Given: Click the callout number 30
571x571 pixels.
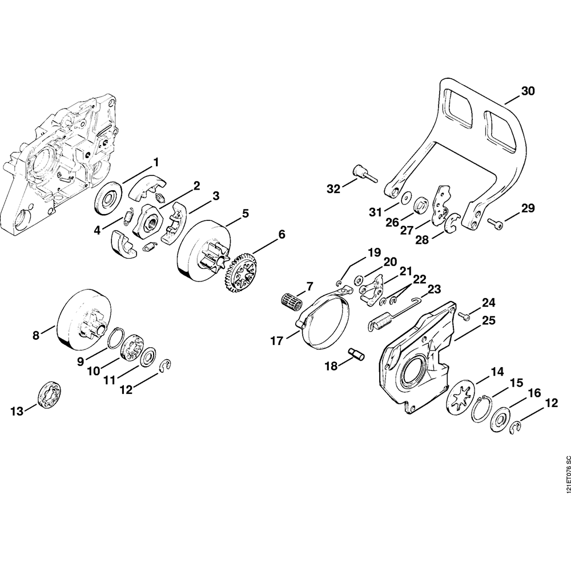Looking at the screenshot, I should [528, 91].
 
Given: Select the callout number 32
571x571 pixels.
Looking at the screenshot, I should [333, 188].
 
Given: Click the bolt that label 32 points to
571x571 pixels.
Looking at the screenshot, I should [363, 173].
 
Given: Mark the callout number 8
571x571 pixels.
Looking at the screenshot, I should [36, 336].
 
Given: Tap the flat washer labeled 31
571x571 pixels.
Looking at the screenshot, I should [405, 198].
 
